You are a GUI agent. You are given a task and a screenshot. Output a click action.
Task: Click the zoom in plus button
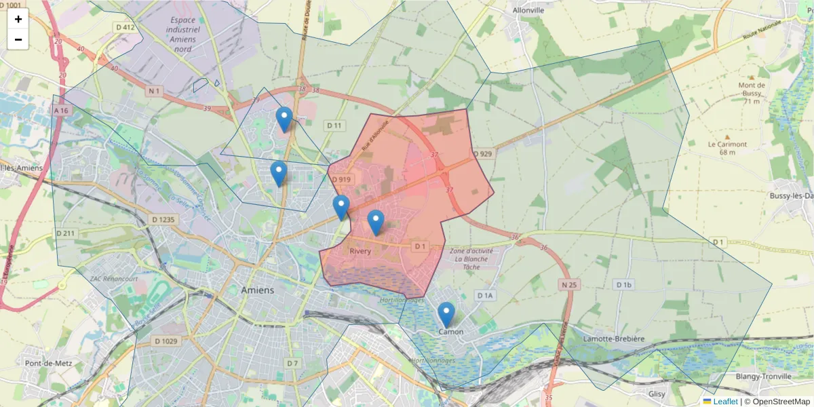(18, 19)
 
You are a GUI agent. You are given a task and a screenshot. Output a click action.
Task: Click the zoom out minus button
(18, 39)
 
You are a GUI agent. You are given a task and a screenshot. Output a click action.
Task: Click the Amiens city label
(258, 290)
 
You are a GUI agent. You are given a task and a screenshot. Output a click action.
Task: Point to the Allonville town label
(529, 11)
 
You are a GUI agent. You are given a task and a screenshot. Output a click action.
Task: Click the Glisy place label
(657, 393)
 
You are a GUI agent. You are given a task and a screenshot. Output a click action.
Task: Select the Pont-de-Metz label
(43, 364)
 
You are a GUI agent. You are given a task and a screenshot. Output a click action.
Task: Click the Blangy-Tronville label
(763, 376)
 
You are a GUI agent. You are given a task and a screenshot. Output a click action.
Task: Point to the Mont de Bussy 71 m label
(752, 93)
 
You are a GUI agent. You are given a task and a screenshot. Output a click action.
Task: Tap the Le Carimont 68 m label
(727, 148)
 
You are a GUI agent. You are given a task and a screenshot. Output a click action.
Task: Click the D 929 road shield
(482, 154)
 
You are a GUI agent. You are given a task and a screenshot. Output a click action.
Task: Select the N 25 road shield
(568, 285)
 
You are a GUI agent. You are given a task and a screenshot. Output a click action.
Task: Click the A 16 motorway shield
(61, 110)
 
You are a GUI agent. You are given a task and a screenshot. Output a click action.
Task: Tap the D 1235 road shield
(163, 220)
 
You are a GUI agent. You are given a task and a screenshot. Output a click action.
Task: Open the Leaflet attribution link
(725, 402)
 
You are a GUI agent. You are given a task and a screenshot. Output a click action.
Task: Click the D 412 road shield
(125, 27)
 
